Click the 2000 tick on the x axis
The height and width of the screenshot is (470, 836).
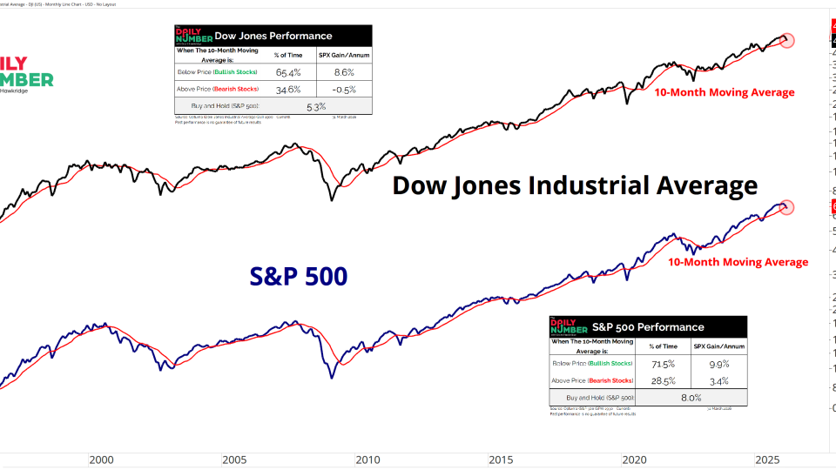point(101,459)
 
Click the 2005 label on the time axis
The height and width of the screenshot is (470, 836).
point(234,459)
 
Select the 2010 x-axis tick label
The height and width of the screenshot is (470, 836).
point(367,459)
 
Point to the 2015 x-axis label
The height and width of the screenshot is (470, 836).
point(501,459)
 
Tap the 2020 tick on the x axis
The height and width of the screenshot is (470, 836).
point(634,459)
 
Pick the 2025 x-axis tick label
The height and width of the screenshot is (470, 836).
point(767,459)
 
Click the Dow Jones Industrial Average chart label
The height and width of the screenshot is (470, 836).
point(575,185)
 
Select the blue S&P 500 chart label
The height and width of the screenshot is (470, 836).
point(299,277)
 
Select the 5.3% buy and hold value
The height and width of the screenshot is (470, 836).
point(316,106)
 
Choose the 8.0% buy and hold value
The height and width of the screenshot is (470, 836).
point(691,397)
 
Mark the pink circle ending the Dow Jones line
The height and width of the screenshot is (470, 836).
point(787,40)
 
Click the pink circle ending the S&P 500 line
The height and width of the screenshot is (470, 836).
point(787,207)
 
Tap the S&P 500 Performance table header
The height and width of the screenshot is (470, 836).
point(648,327)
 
